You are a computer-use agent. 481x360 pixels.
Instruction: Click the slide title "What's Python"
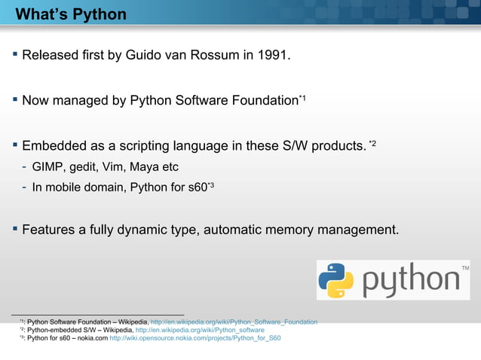(71, 15)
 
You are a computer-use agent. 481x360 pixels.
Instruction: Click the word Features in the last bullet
(51, 230)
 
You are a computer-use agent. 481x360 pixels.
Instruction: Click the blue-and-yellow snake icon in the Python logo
(336, 280)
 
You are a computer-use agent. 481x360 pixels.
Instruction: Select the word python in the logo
(412, 282)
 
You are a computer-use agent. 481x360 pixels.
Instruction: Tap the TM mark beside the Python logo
(464, 268)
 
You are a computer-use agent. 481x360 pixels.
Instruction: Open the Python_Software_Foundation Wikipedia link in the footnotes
(234, 322)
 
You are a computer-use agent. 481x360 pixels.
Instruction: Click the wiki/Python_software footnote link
(199, 330)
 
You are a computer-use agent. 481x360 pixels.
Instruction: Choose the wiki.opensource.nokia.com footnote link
(195, 338)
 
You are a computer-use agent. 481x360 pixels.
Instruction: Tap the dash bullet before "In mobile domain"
(24, 188)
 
